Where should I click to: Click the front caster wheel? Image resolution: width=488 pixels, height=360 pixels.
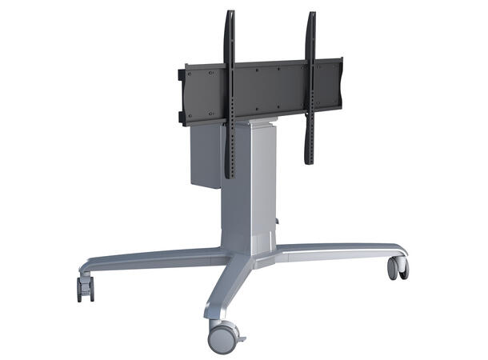coord(222,338)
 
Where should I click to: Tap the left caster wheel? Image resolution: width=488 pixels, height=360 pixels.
coord(85,289)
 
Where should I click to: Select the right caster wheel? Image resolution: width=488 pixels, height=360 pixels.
coord(398,268)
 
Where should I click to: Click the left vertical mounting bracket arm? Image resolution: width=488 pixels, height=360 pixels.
coord(230,96)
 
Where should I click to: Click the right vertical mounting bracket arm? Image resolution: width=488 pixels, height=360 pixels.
coord(310,88)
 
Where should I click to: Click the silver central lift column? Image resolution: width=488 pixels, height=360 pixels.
coord(250,192)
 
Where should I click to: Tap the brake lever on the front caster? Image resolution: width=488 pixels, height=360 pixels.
coord(238,329)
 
